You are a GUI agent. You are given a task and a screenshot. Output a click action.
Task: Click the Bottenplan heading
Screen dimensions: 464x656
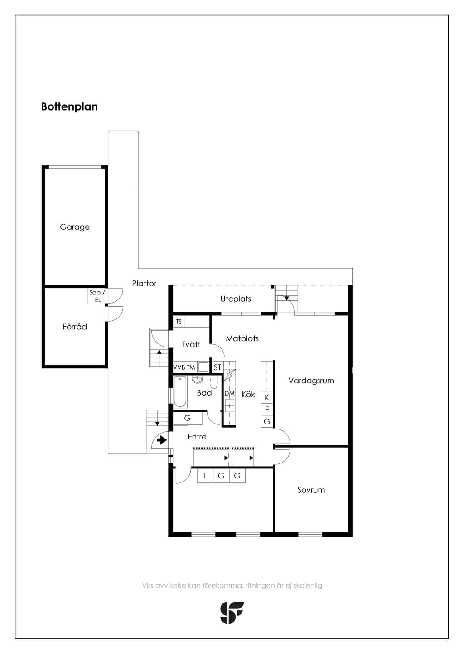click(x=69, y=106)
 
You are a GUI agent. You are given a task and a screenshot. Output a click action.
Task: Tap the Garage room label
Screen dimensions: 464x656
click(x=75, y=227)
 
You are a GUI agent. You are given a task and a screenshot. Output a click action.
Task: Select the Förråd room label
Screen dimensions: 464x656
click(x=75, y=326)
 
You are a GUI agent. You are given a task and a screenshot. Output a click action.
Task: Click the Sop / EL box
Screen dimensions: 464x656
click(x=97, y=296)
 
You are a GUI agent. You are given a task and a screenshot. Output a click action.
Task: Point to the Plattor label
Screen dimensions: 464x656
click(x=144, y=283)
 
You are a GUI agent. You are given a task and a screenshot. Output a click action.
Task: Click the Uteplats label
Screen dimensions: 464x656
click(x=236, y=299)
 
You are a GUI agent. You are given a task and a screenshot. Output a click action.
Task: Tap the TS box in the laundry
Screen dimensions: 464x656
click(x=179, y=322)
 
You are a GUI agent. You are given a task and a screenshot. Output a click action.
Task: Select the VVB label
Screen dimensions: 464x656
click(x=179, y=367)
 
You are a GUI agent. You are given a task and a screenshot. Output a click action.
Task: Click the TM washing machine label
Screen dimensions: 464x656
click(x=191, y=367)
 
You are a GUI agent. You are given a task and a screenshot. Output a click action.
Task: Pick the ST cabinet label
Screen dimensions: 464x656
click(x=217, y=367)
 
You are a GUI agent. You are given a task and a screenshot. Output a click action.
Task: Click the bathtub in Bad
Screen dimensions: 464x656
click(x=180, y=392)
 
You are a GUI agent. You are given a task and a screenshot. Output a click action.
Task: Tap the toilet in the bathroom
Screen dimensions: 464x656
click(x=214, y=382)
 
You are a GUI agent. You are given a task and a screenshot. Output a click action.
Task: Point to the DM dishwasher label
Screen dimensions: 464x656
click(x=229, y=394)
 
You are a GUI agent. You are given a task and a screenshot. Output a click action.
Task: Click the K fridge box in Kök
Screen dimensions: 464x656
click(x=267, y=397)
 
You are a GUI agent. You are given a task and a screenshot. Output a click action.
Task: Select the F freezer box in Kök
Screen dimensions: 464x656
click(x=267, y=409)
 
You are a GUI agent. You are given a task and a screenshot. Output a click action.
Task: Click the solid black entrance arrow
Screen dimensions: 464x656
click(x=162, y=440)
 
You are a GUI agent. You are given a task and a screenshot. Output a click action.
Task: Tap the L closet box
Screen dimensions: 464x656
click(x=205, y=476)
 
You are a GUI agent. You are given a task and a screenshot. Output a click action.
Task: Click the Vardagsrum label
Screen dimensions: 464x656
click(x=311, y=381)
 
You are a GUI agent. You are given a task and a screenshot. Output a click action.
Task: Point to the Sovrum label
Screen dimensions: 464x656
click(x=311, y=490)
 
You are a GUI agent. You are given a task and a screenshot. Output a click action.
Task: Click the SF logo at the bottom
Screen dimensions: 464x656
click(x=232, y=613)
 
